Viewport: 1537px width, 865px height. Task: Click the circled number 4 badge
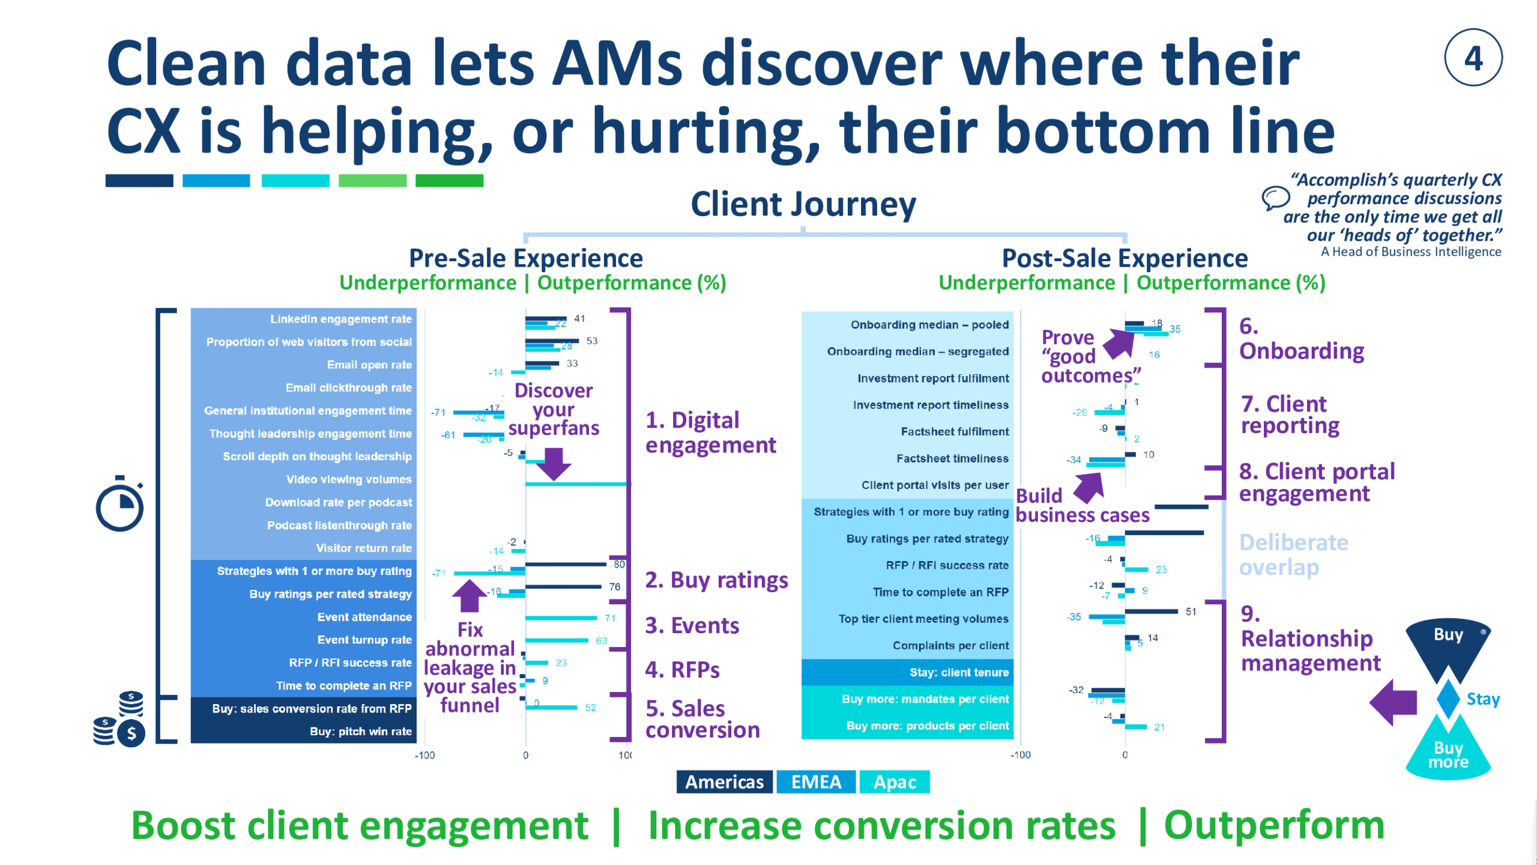coord(1473,58)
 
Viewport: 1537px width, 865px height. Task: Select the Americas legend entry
coord(724,782)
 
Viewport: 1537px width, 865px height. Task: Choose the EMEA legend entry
coord(816,782)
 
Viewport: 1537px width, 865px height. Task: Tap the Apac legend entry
coord(895,782)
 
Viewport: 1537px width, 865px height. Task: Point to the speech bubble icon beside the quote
coord(1275,198)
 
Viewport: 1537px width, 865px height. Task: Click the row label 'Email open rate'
coord(369,365)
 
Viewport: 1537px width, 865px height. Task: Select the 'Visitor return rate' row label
coord(364,548)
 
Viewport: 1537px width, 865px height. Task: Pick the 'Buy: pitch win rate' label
coord(360,731)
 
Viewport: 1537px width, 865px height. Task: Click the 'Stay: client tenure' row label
coord(959,672)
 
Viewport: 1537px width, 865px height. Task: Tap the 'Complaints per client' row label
coord(950,645)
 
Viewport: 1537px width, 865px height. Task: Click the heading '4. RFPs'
coord(682,669)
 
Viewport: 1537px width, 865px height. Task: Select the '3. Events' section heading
coord(692,625)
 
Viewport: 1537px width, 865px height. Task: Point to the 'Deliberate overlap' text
coord(1293,554)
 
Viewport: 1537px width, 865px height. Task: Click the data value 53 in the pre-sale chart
coord(592,341)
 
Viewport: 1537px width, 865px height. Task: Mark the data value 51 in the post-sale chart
coord(1191,612)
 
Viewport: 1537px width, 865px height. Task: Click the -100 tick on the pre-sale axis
coord(424,755)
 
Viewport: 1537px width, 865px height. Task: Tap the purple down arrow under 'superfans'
coord(554,463)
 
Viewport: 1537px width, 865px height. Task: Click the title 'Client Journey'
coord(803,204)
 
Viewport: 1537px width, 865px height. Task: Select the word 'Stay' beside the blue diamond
coord(1483,699)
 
